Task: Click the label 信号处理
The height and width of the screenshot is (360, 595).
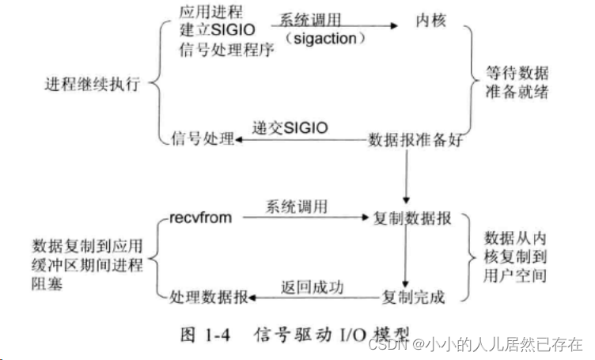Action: click(x=203, y=140)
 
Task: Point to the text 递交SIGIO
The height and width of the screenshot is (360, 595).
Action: click(x=290, y=127)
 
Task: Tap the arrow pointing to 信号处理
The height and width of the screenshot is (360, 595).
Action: click(x=301, y=140)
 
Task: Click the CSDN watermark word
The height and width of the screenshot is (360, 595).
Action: click(x=386, y=346)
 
